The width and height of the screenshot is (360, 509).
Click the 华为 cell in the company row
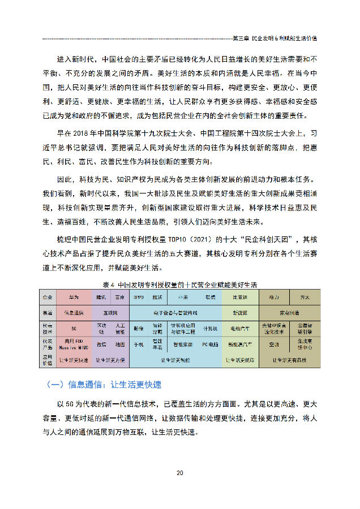pyautogui.click(x=74, y=296)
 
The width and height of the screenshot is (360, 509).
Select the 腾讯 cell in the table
pyautogui.click(x=102, y=296)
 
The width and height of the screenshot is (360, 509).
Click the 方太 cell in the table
pyautogui.click(x=305, y=296)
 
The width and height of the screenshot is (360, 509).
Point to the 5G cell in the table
pyautogui.click(x=74, y=328)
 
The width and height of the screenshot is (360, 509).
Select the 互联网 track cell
pyautogui.click(x=111, y=312)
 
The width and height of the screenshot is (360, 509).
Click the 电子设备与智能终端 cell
pyautogui.click(x=175, y=312)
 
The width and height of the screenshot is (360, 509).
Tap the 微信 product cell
pyautogui.click(x=102, y=344)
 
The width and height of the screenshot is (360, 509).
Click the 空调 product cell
pyautogui.click(x=273, y=344)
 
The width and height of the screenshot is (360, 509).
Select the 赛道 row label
pyautogui.click(x=48, y=312)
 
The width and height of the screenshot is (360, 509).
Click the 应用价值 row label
pyautogui.click(x=48, y=360)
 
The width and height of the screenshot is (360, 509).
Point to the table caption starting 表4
pyautogui.click(x=179, y=285)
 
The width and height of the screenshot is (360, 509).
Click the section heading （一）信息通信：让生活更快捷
pyautogui.click(x=105, y=385)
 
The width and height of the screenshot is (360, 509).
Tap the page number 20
pyautogui.click(x=179, y=473)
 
